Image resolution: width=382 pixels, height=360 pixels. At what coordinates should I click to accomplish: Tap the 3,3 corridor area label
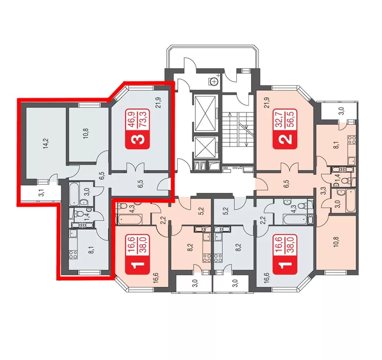point(323,189)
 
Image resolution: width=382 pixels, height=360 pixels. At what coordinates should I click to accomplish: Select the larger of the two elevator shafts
point(205,113)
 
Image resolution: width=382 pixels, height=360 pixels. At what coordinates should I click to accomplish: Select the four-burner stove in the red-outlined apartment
point(73,255)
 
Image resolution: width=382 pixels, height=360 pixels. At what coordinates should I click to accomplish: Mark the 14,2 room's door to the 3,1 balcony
point(53,178)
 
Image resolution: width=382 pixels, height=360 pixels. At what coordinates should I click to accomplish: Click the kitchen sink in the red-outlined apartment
point(73,234)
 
